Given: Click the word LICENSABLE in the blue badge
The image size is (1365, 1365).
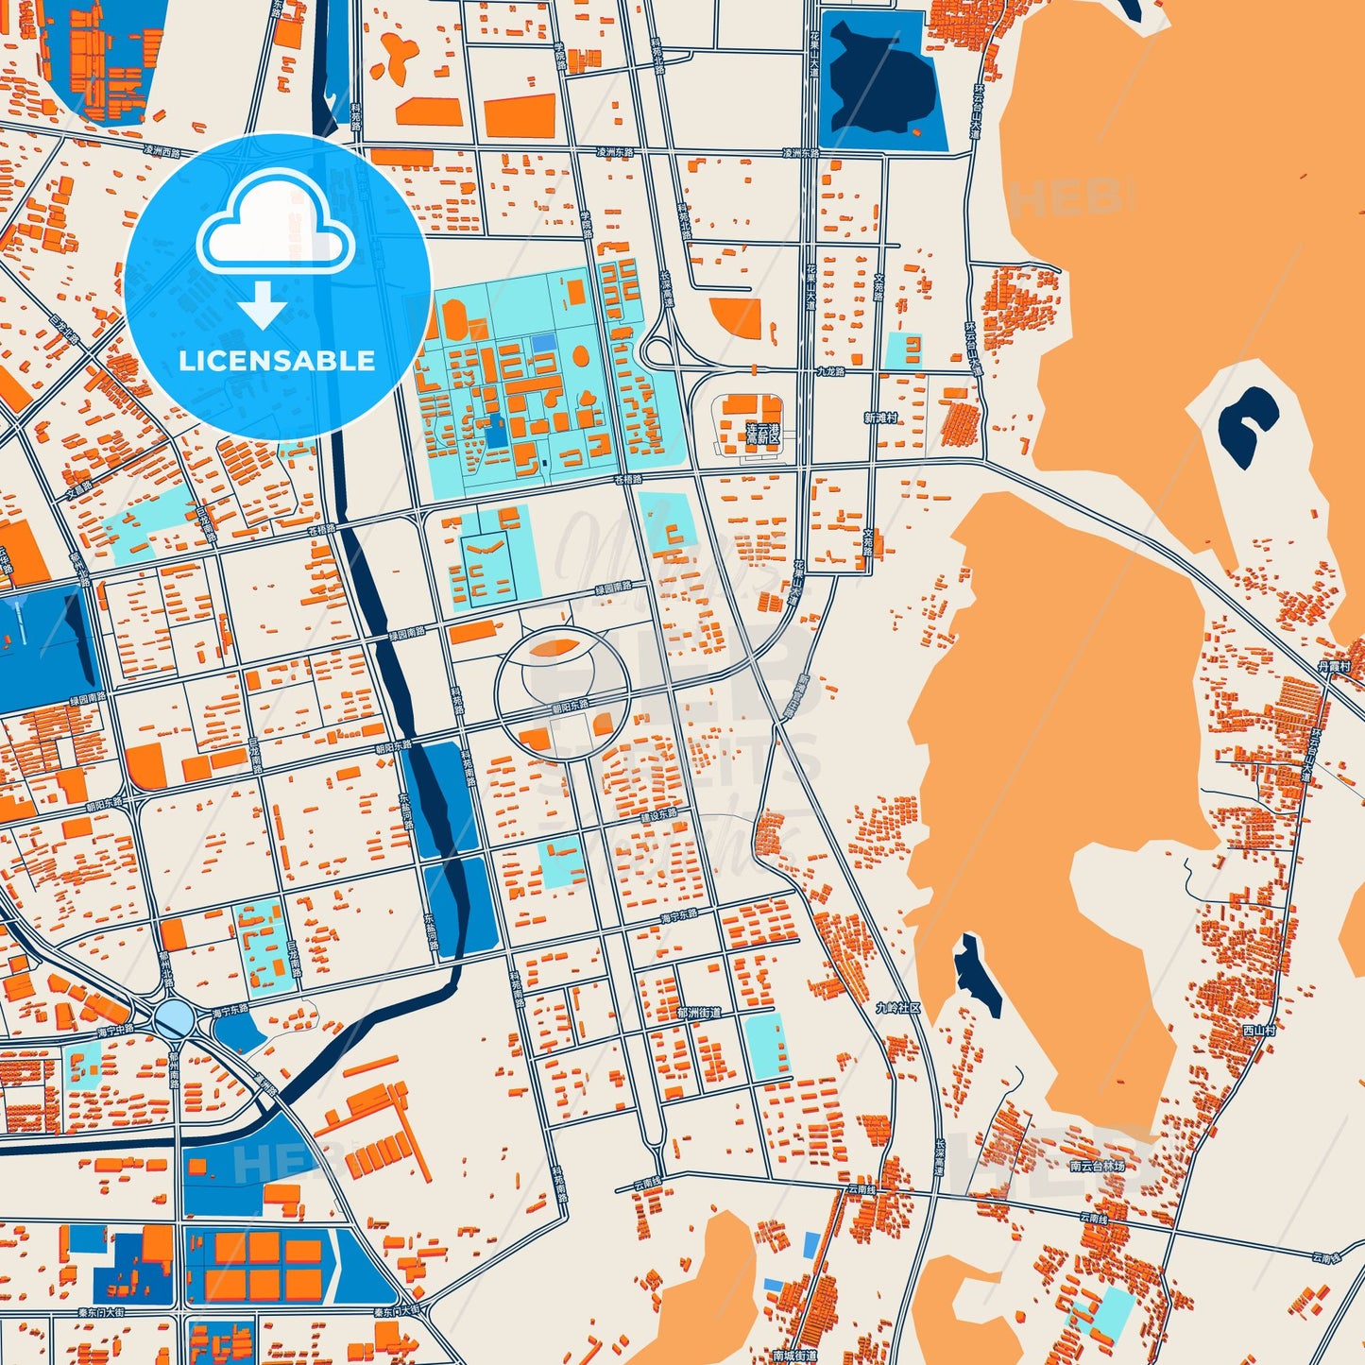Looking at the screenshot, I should tap(277, 361).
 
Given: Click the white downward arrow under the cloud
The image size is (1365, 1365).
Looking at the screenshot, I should tap(263, 304).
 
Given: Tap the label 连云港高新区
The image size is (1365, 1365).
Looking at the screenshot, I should tap(763, 434).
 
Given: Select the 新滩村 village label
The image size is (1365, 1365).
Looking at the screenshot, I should tap(880, 417).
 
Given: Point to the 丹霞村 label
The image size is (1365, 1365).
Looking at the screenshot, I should tap(1334, 666).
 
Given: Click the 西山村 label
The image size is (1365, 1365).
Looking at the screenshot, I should tap(1259, 1030).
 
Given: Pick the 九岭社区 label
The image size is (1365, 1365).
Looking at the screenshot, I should tap(897, 1008).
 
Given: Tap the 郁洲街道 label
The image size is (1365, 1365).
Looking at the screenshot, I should tap(699, 1013).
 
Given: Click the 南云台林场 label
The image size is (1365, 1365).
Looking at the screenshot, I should tap(1098, 1166).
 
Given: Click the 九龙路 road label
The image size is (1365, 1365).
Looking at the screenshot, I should tap(831, 371).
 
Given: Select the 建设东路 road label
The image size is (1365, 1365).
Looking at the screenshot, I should tap(658, 814).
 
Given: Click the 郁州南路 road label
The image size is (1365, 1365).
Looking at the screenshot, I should tap(175, 1077).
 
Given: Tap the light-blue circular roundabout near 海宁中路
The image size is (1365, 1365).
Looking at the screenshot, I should tap(174, 1018).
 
